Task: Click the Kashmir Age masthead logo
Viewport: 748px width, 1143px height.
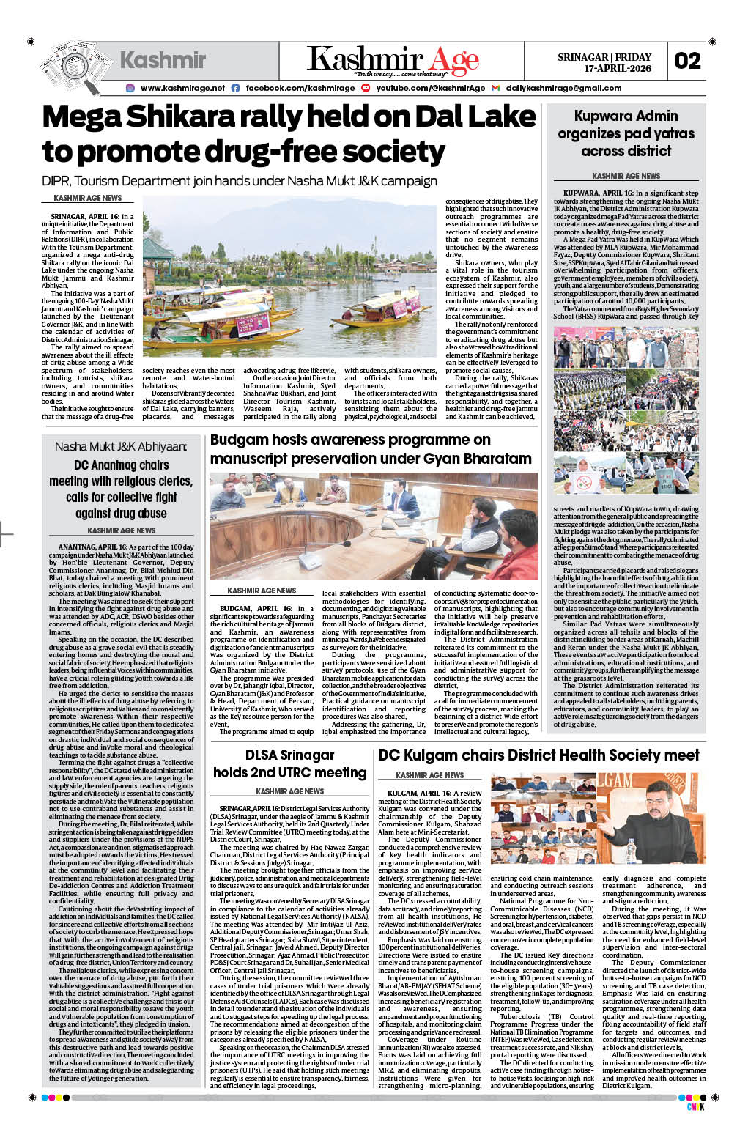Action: (393, 61)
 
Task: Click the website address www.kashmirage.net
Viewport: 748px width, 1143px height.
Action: (182, 88)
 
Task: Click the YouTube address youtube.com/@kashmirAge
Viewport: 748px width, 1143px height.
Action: (430, 88)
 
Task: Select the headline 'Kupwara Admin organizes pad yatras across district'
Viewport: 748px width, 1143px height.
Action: (626, 133)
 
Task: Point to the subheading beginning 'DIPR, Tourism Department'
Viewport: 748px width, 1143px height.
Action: (239, 181)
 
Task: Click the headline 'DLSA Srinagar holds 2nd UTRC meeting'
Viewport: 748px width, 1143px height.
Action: (289, 763)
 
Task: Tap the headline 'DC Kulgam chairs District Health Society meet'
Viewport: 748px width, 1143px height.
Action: (538, 755)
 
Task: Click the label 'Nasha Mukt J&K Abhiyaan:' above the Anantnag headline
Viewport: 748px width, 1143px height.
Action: (121, 446)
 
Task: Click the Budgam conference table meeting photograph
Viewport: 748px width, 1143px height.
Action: (373, 526)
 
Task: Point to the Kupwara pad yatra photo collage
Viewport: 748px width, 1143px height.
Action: (626, 410)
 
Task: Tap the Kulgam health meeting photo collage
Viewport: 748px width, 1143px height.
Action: (594, 820)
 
